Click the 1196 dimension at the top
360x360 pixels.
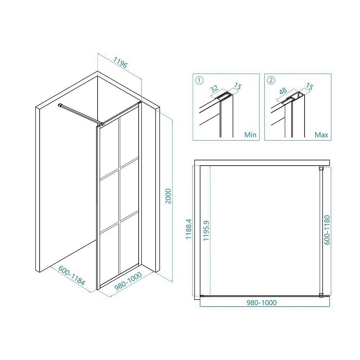click(120, 62)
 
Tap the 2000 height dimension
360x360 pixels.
click(168, 196)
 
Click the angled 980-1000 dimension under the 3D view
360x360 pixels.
click(128, 281)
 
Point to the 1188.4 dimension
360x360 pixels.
click(189, 229)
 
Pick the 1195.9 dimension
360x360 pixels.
click(206, 230)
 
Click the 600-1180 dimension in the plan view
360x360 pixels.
click(327, 230)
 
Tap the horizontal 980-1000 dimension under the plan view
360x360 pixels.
click(261, 303)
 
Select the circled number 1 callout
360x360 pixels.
click(199, 80)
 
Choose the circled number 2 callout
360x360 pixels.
click(271, 80)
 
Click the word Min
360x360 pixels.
click(250, 135)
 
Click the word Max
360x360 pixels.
click(321, 135)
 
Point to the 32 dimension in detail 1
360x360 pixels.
click(214, 89)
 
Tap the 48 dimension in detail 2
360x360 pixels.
click(283, 91)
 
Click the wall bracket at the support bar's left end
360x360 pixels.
click(60, 105)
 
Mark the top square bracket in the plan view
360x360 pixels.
click(321, 168)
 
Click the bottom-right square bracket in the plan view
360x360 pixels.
click(321, 296)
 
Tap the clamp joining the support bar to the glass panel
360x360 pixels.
click(101, 124)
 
